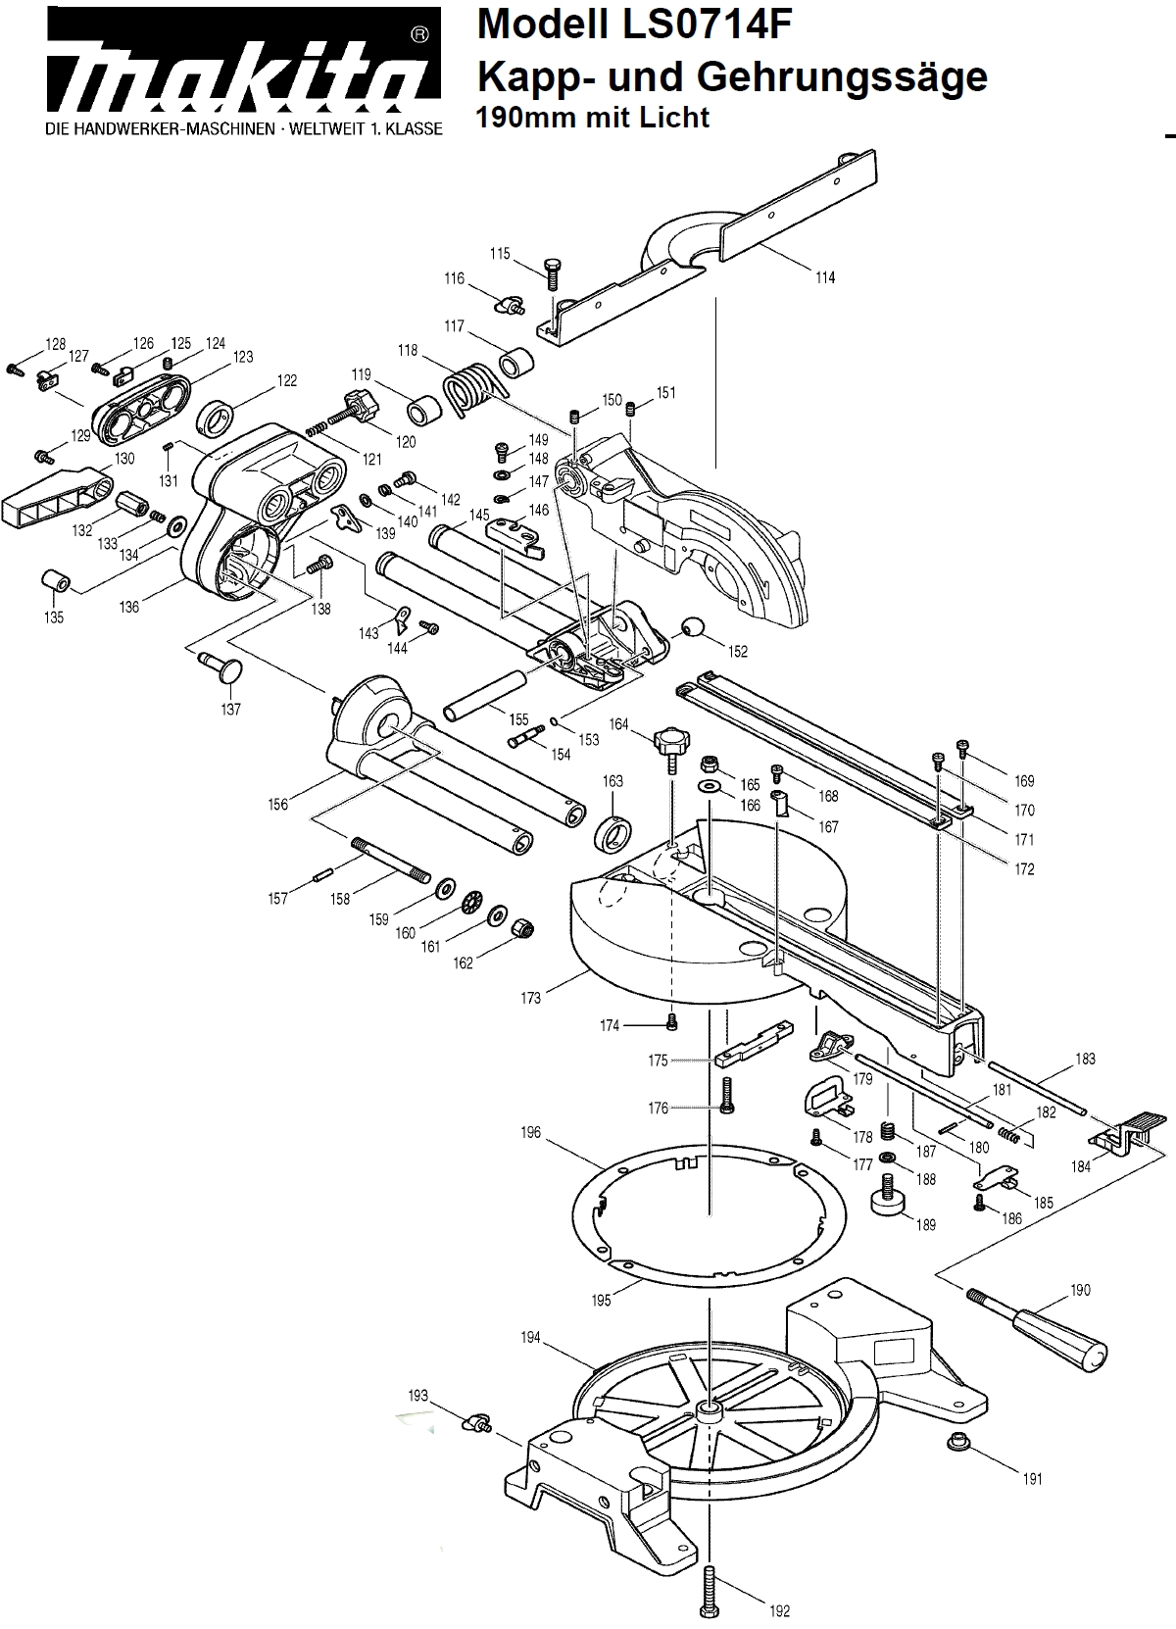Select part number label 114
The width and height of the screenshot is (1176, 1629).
tap(825, 277)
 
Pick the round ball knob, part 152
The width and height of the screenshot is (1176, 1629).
tap(694, 627)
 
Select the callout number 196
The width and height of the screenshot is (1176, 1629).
tap(530, 1133)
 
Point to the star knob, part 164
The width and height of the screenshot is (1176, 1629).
tap(669, 742)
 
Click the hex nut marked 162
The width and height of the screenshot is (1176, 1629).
tap(524, 925)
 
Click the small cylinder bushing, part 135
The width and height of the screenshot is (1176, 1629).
tap(55, 581)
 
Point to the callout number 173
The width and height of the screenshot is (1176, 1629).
tap(530, 999)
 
